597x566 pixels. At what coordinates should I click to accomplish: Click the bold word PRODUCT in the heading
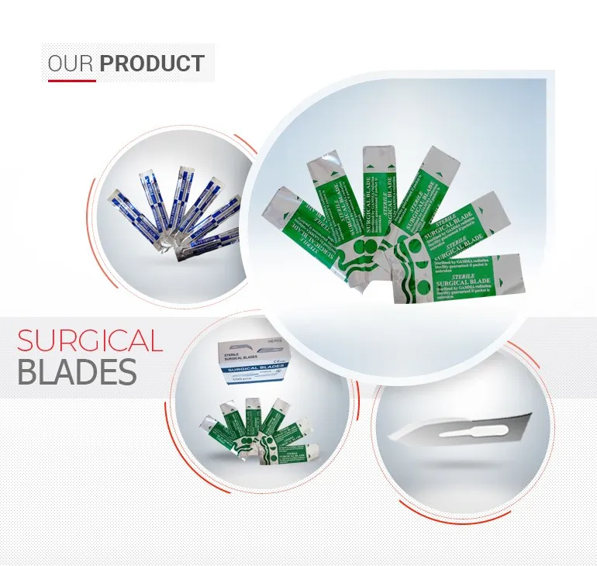tap(152, 64)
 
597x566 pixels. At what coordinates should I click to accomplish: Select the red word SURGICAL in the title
tap(90, 341)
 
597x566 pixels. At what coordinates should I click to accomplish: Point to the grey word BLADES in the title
tap(77, 373)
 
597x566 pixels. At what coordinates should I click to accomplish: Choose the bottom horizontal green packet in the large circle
tap(464, 277)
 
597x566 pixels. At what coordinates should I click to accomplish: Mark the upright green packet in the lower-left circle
tap(252, 423)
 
